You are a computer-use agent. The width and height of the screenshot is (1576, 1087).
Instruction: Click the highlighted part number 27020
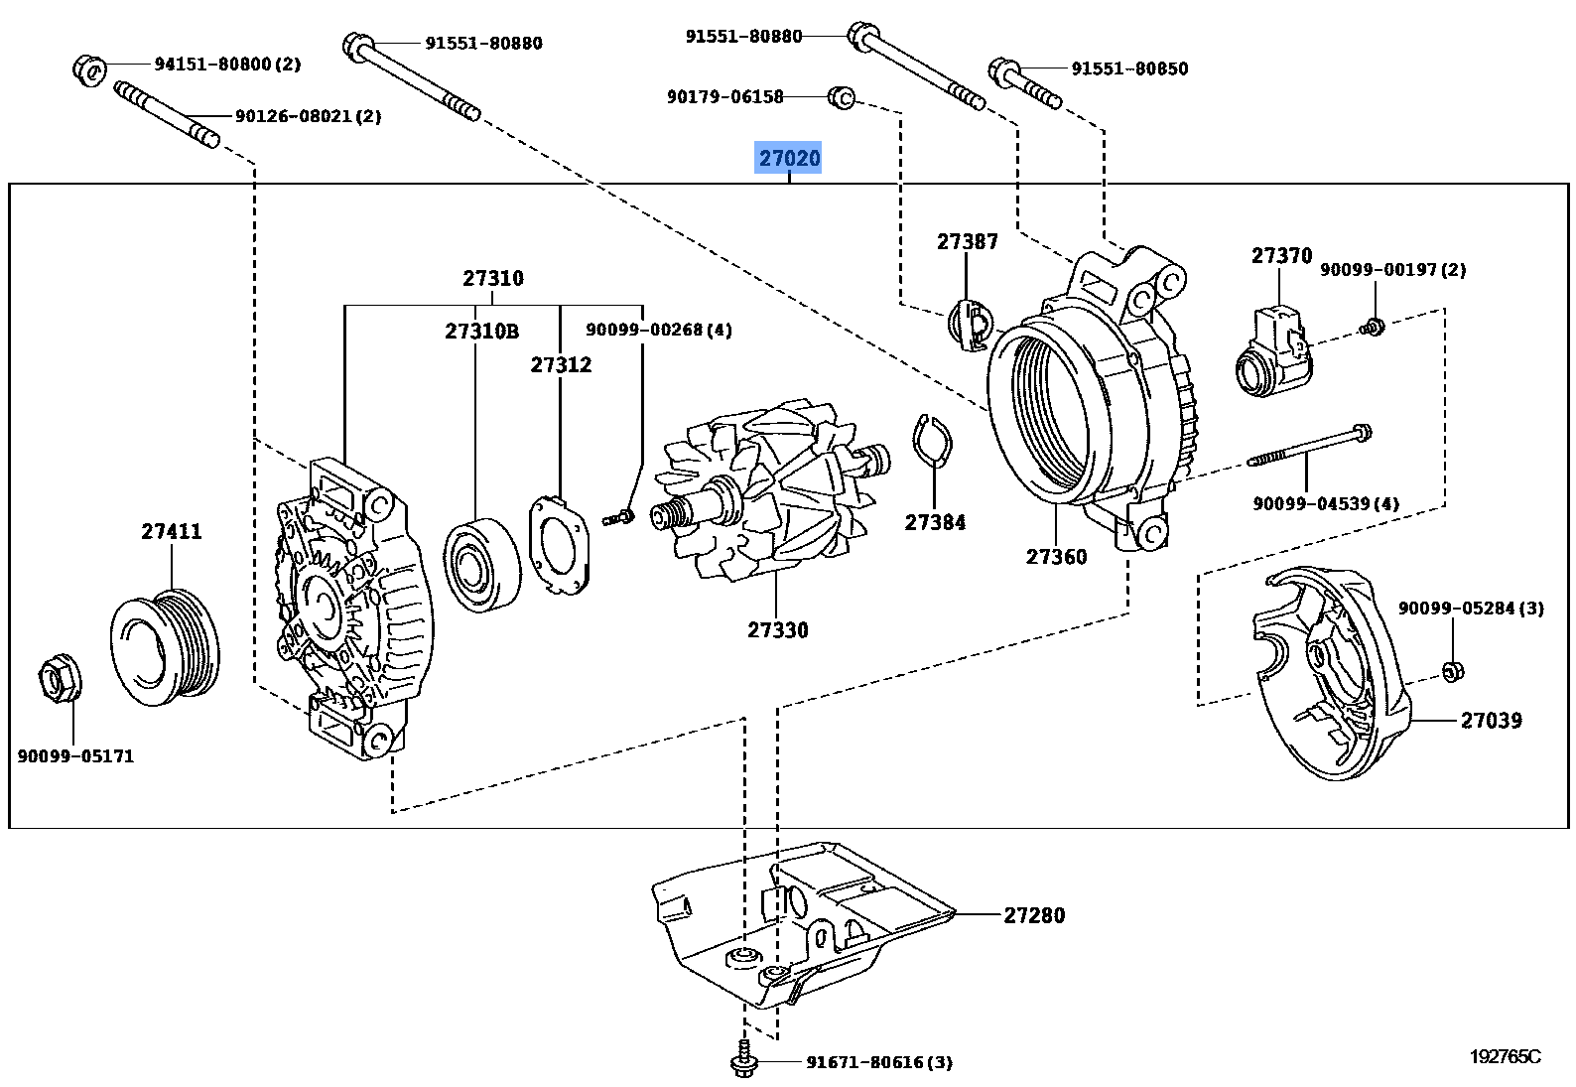tap(789, 158)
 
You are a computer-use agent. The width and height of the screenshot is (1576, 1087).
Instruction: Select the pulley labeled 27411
tap(166, 647)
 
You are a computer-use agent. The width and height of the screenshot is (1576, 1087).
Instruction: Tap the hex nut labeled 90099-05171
tap(56, 680)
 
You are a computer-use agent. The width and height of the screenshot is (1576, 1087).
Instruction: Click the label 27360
tap(1056, 557)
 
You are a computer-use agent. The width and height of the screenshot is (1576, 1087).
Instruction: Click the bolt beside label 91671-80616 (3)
tap(741, 1061)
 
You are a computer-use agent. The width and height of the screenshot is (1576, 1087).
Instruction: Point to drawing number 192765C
tap(1505, 1056)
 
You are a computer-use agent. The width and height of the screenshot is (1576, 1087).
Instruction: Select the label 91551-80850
tap(1128, 68)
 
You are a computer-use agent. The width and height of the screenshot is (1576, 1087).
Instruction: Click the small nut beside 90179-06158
tap(841, 96)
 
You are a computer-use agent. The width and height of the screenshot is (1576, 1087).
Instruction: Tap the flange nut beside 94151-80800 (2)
tap(88, 68)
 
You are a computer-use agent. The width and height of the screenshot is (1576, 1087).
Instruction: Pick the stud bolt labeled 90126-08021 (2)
tap(167, 115)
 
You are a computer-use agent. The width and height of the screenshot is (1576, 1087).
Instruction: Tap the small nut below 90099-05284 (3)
tap(1450, 672)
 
